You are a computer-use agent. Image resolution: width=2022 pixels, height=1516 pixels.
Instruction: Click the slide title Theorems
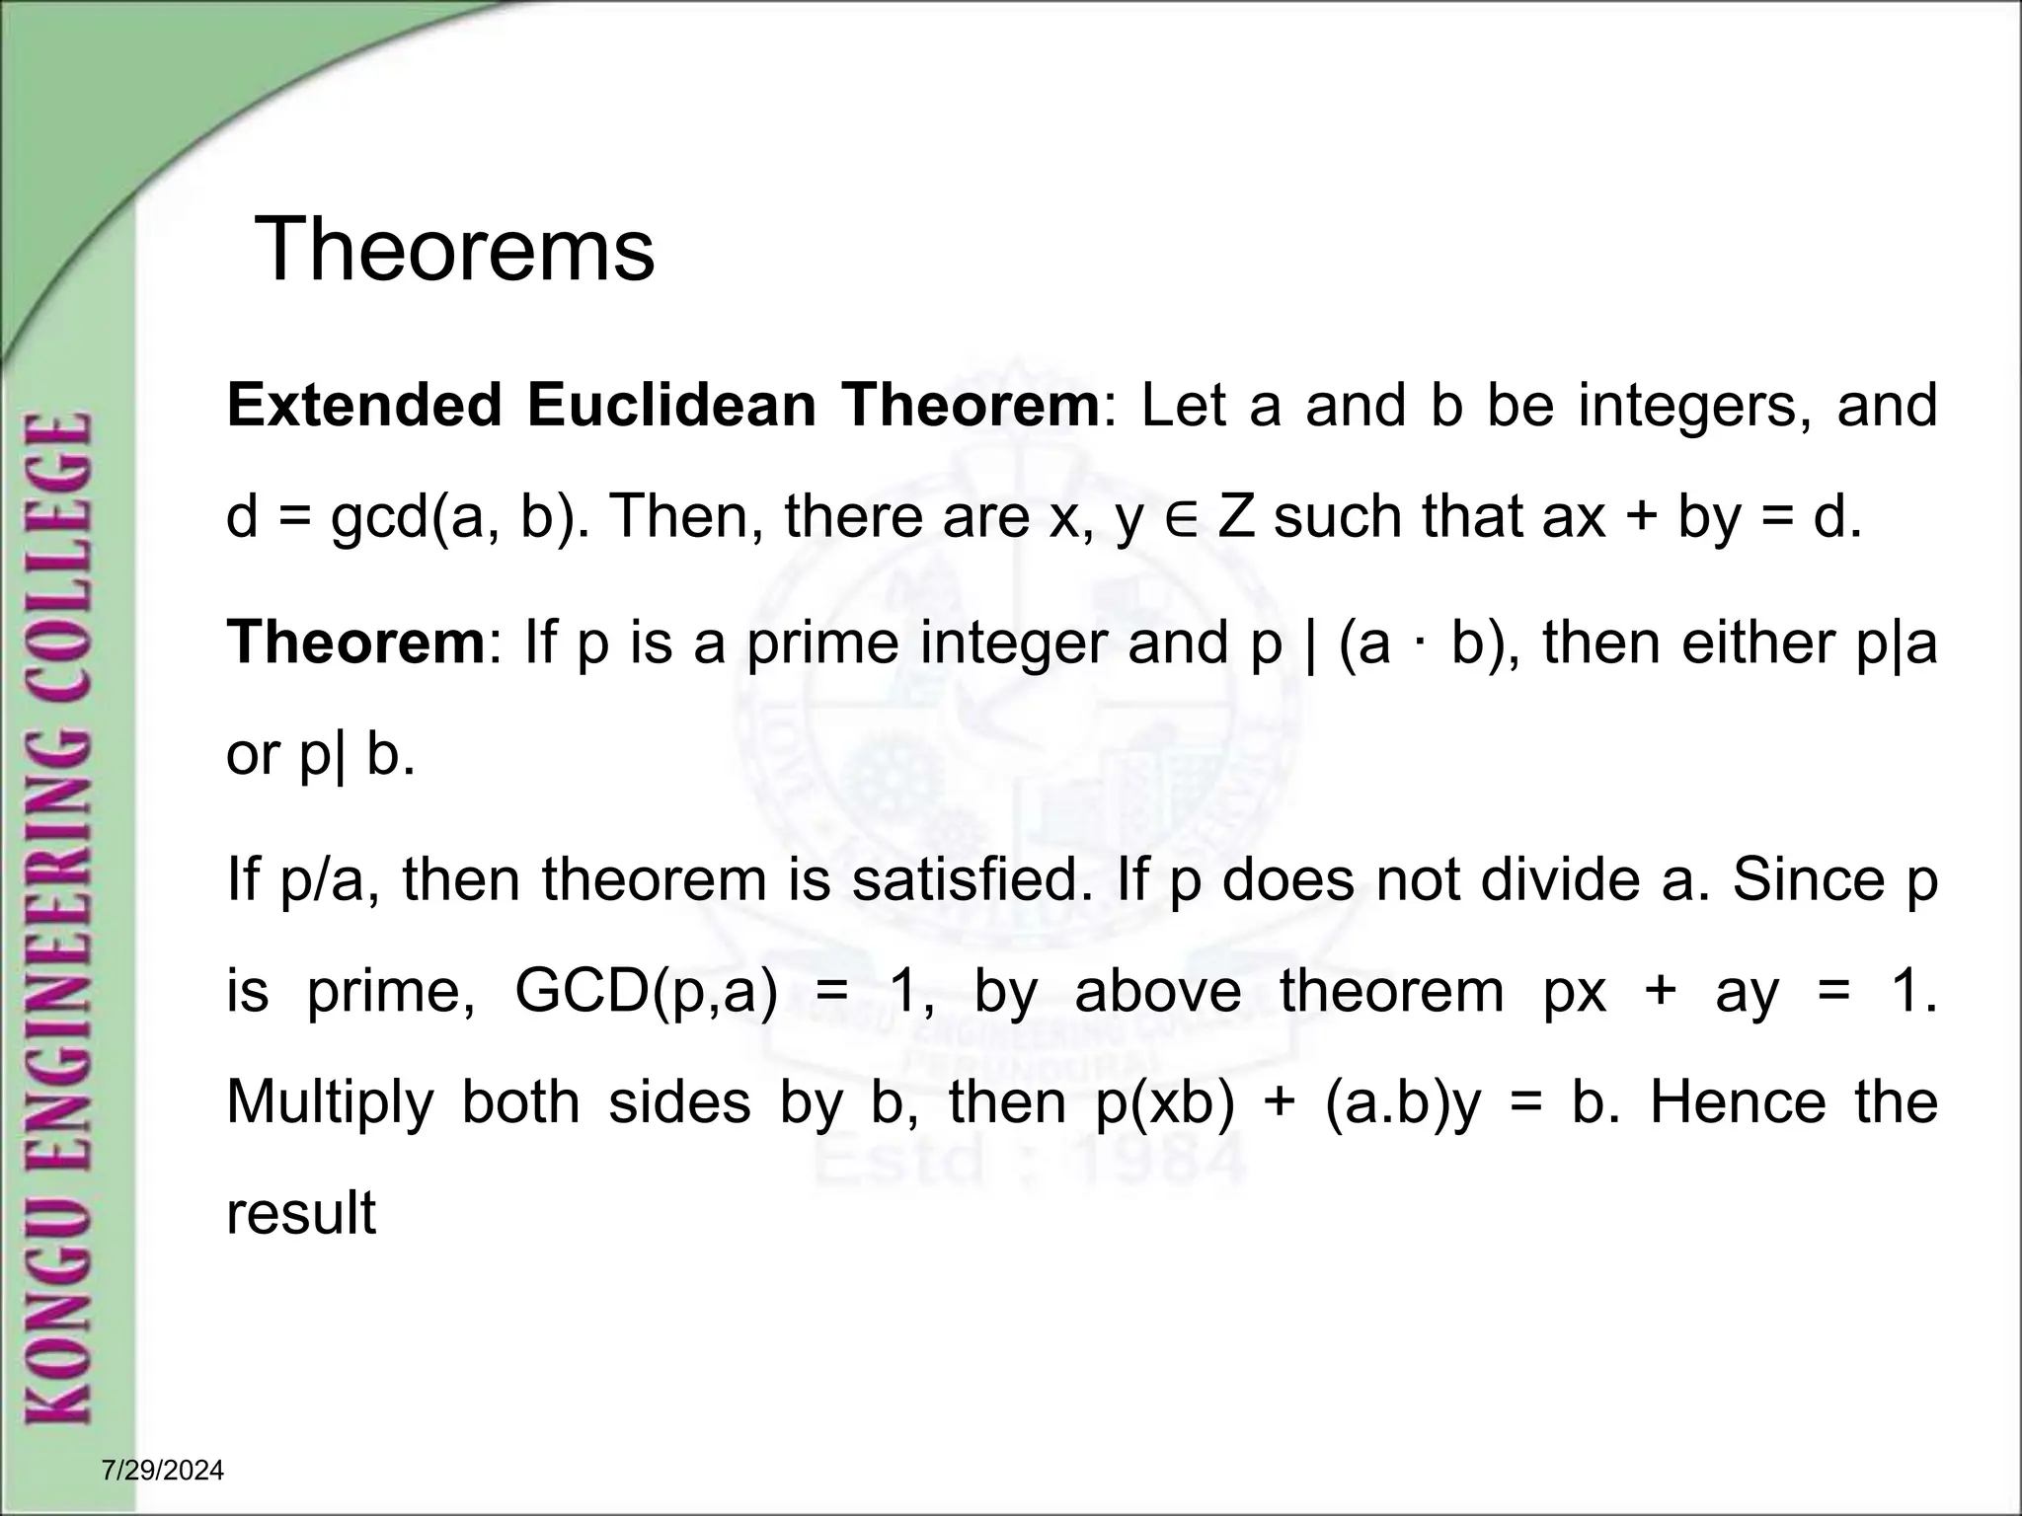coord(454,250)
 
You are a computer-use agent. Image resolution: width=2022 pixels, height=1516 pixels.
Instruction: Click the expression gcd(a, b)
coord(452,517)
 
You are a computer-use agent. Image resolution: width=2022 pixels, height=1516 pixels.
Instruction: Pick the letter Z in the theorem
coord(1235,516)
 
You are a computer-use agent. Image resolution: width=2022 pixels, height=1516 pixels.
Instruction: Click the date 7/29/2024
coord(163,1472)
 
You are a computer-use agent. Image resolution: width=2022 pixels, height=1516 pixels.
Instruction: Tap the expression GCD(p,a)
coord(647,991)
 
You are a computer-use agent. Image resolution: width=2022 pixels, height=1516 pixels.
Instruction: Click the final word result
coord(301,1214)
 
